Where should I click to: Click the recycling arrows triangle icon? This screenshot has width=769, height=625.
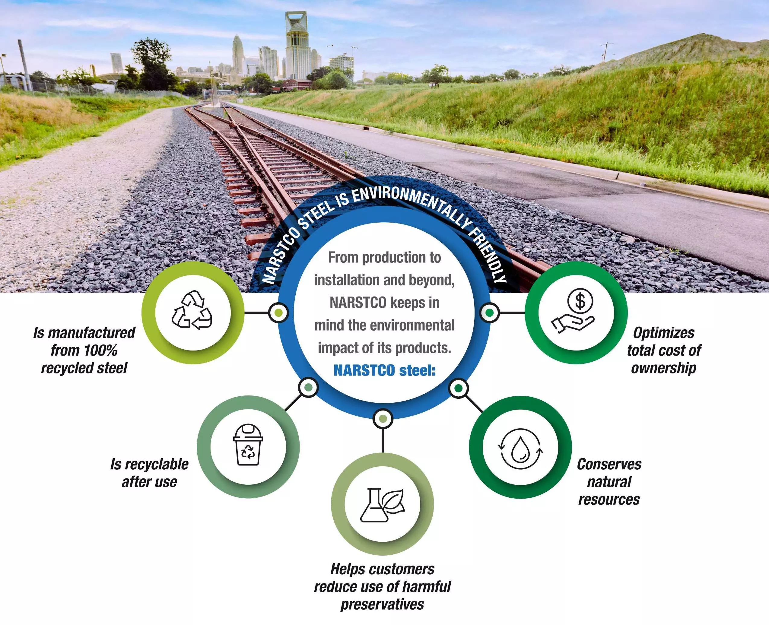pyautogui.click(x=192, y=310)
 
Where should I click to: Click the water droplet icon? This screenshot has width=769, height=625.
pyautogui.click(x=520, y=449)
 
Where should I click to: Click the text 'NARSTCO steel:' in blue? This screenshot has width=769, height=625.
pyautogui.click(x=384, y=370)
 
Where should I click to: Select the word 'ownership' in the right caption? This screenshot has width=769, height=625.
pyautogui.click(x=663, y=368)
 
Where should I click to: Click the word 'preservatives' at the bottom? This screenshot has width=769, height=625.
pyautogui.click(x=382, y=604)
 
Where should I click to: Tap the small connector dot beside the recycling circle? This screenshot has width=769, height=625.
pyautogui.click(x=278, y=313)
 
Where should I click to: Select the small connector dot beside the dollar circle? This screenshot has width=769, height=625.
pyautogui.click(x=489, y=313)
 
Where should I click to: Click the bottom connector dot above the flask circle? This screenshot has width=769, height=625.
pyautogui.click(x=383, y=419)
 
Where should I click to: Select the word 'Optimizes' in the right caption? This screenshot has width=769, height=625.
pyautogui.click(x=663, y=333)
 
